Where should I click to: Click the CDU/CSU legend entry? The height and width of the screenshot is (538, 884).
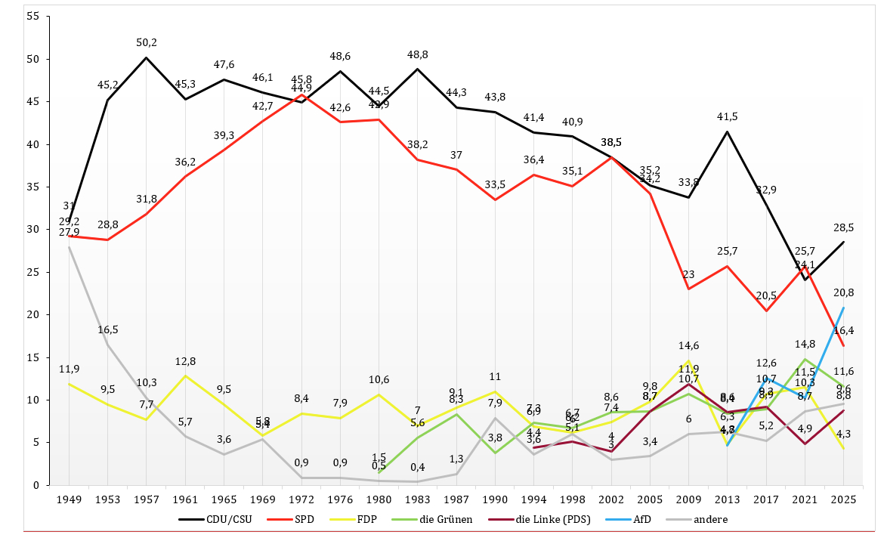pos(224,519)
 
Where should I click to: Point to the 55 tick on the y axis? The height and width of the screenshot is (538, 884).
pos(32,17)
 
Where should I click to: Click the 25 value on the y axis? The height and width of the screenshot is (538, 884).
pos(32,272)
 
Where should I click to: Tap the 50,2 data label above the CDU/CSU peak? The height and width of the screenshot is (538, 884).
pos(147,42)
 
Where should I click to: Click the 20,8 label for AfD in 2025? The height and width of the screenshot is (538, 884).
pos(843,292)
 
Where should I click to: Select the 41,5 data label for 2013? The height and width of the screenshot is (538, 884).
pos(727,116)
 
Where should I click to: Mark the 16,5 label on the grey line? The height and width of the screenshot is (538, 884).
pos(108,329)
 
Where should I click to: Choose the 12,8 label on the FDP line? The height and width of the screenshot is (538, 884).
pos(185,360)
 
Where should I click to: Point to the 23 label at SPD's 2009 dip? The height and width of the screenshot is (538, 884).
pos(688,274)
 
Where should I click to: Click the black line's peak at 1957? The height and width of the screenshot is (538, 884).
pos(147,57)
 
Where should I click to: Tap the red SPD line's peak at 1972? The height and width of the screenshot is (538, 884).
pos(301,94)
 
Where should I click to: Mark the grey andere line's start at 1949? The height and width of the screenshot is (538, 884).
pos(70,247)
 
